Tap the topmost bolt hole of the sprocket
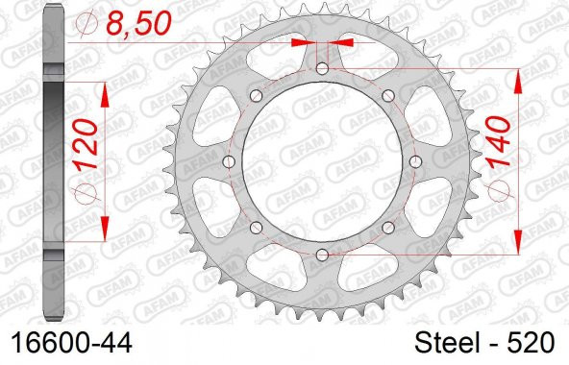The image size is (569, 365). coord(322,69)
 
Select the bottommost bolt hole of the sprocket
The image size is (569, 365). coord(322,255)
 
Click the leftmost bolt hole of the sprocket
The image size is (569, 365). coord(229,161)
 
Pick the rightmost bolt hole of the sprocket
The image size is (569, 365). coord(414,161)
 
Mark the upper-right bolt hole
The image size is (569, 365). coord(387,96)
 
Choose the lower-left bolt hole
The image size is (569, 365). coord(257,227)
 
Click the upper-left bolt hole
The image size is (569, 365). coord(257,96)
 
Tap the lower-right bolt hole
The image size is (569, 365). coord(387,227)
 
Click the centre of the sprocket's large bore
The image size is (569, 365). coord(322,161)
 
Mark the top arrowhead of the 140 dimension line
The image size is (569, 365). coord(520,77)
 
